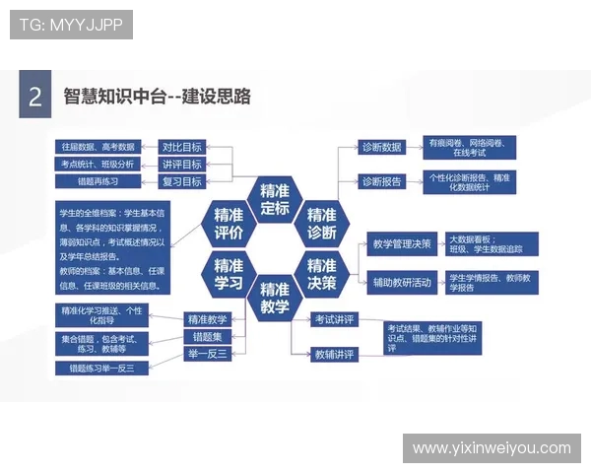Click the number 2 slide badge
[34, 97]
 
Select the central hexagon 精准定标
[275, 199]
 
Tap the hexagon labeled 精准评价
[229, 225]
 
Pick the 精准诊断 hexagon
[321, 225]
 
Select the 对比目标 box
[182, 147]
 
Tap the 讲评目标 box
[182, 164]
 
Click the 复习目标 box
[182, 181]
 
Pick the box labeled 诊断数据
[381, 147]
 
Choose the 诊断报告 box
[381, 181]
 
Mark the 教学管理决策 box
[401, 243]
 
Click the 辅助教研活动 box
[401, 283]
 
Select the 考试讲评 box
[334, 319]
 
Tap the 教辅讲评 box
[334, 354]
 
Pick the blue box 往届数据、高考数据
[98, 147]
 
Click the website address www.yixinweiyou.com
[492, 448]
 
